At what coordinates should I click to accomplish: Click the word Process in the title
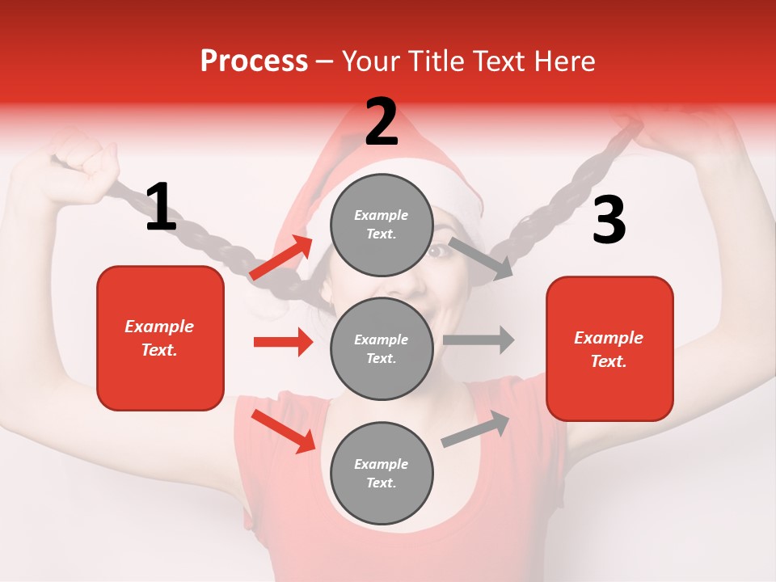(254, 61)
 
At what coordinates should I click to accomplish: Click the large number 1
(161, 208)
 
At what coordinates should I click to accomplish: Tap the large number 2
(382, 122)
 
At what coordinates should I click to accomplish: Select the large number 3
(609, 221)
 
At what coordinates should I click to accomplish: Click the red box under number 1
(160, 338)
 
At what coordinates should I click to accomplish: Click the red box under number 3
(609, 349)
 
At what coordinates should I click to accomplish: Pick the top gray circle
(382, 225)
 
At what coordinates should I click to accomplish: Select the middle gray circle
(382, 349)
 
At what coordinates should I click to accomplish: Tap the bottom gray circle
(382, 474)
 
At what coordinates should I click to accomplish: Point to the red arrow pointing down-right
(284, 431)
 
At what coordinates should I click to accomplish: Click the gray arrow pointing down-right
(481, 258)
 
